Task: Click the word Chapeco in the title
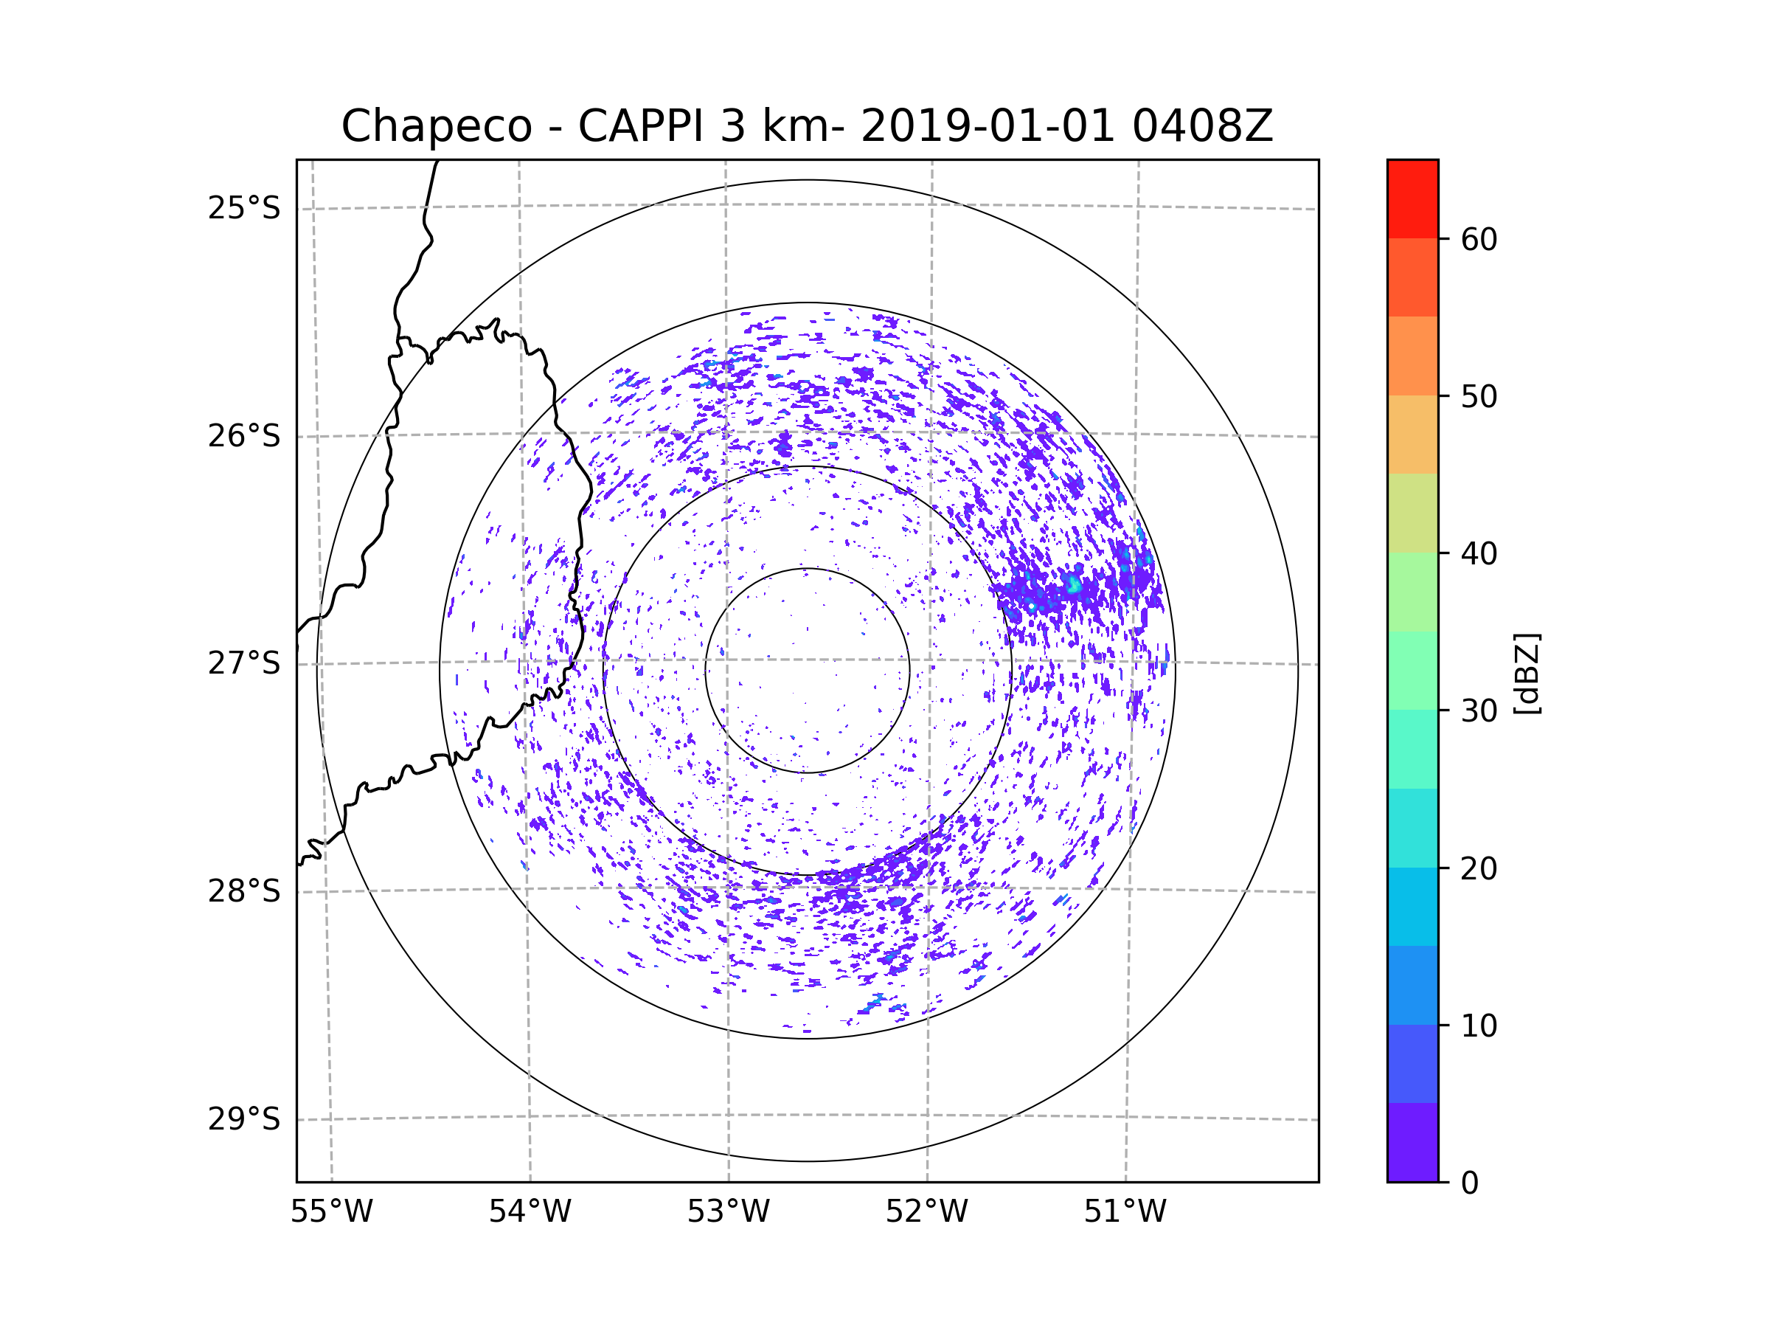tap(436, 126)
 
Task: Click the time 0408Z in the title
tap(1202, 126)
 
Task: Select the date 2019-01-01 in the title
tap(987, 126)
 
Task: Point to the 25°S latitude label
tap(244, 208)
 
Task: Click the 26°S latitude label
tap(244, 436)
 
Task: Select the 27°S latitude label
tap(244, 663)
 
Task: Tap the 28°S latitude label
tap(244, 891)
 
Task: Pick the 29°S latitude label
tap(244, 1119)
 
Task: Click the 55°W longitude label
tap(331, 1212)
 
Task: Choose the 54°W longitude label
tap(530, 1212)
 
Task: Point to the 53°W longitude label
tap(728, 1212)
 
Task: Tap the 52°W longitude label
tap(926, 1212)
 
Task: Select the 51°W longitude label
tap(1125, 1212)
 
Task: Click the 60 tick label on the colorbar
tap(1479, 239)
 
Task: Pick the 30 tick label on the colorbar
tap(1479, 710)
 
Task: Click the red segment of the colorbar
tap(1412, 198)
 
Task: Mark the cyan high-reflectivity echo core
tap(1074, 585)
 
